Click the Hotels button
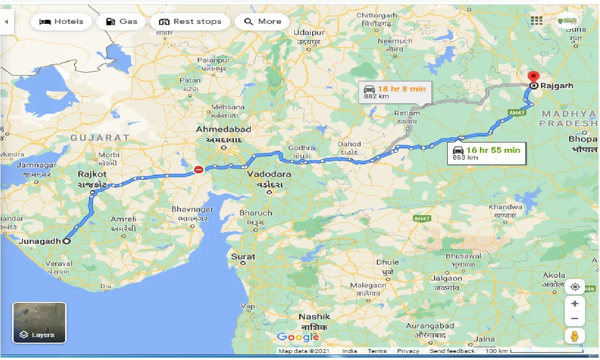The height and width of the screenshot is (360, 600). click(61, 22)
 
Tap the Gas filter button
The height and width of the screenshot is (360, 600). click(121, 22)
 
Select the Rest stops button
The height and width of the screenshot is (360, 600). click(190, 22)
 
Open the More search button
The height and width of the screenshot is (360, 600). click(262, 22)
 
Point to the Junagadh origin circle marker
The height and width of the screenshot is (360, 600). click(67, 241)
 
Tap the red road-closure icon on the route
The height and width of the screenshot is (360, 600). click(199, 170)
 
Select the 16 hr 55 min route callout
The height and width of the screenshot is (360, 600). click(487, 153)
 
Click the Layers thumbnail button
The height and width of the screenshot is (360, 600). click(39, 322)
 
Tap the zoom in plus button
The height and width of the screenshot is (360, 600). click(575, 304)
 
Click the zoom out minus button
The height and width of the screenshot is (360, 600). click(575, 319)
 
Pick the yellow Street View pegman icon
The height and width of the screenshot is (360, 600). click(575, 336)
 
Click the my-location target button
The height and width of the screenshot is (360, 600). click(575, 286)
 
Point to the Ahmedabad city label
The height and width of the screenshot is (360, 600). click(224, 129)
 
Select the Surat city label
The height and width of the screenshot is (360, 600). click(243, 256)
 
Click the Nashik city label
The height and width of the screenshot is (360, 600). click(315, 317)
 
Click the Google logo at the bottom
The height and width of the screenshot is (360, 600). click(298, 337)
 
